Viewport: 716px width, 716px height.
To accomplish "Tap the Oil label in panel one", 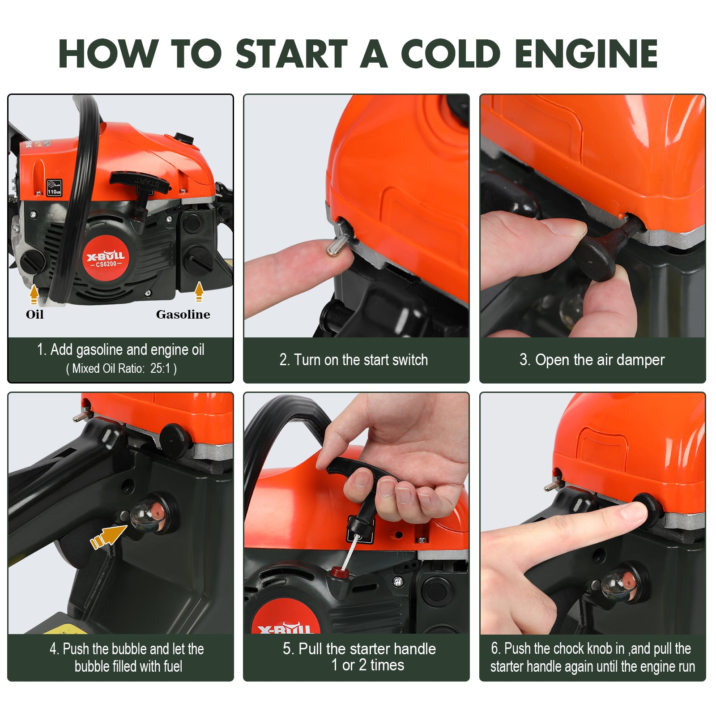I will click(34, 315).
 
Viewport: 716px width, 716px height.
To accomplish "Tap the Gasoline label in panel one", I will click(183, 315).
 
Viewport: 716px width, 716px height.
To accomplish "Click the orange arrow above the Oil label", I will click(34, 294).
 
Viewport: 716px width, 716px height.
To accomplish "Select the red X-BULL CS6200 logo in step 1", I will click(106, 259).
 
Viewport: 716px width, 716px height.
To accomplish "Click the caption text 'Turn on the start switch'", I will click(354, 360).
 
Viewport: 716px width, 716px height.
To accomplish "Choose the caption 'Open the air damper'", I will click(592, 360).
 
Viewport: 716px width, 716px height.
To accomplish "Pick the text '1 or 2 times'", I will click(367, 665).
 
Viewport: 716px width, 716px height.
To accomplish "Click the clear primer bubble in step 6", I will click(616, 583).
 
